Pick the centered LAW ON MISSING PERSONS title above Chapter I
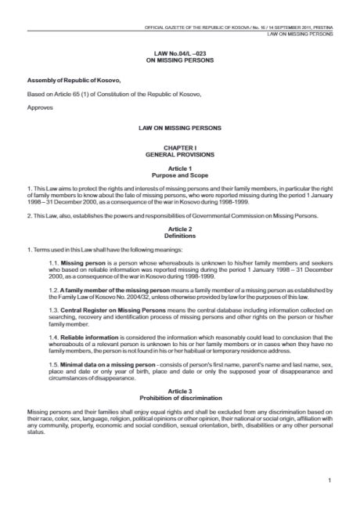[x=179, y=126]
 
